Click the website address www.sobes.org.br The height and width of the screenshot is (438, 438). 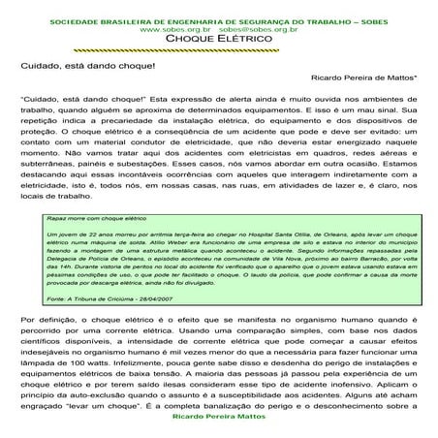[174, 30]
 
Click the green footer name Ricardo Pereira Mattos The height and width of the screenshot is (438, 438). [217, 431]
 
